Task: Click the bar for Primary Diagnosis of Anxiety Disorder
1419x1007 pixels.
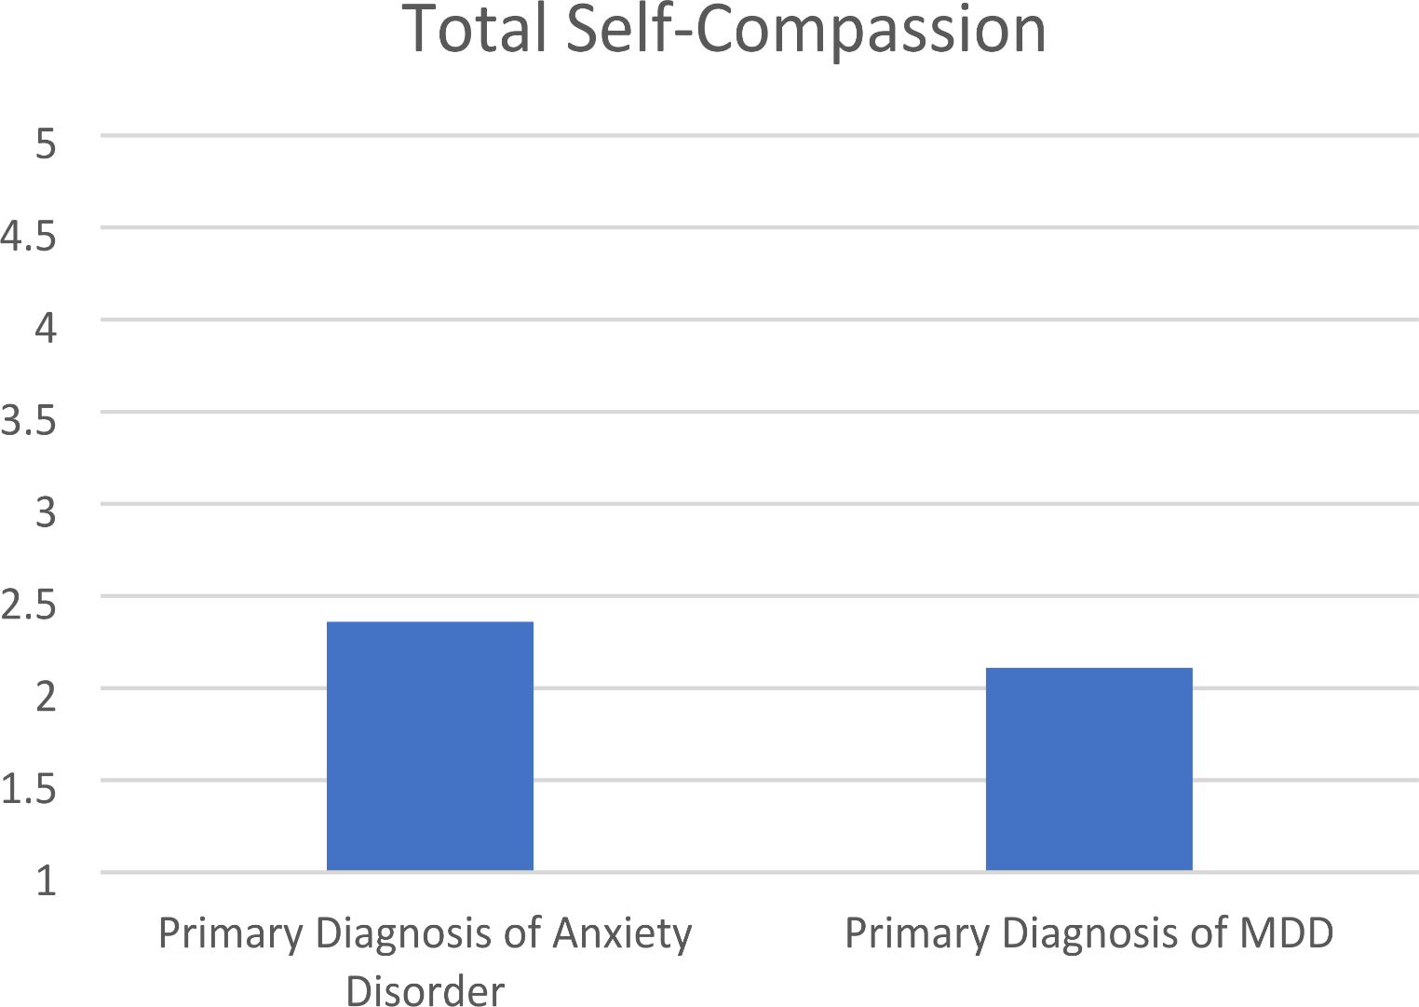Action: (429, 745)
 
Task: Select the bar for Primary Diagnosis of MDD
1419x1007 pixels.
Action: (1088, 769)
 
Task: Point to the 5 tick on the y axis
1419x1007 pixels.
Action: (46, 143)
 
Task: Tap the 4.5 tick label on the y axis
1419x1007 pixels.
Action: (28, 236)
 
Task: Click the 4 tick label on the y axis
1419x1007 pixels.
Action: (46, 328)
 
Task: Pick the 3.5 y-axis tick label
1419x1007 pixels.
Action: (28, 420)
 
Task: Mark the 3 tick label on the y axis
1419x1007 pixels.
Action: (46, 512)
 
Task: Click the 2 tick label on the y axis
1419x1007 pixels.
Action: (46, 696)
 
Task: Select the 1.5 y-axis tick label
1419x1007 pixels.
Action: (28, 788)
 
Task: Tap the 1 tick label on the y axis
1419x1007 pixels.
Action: (46, 879)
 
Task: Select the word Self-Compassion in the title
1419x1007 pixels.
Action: (806, 30)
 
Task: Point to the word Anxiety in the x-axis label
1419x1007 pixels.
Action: (622, 933)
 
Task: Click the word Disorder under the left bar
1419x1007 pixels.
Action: (426, 989)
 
